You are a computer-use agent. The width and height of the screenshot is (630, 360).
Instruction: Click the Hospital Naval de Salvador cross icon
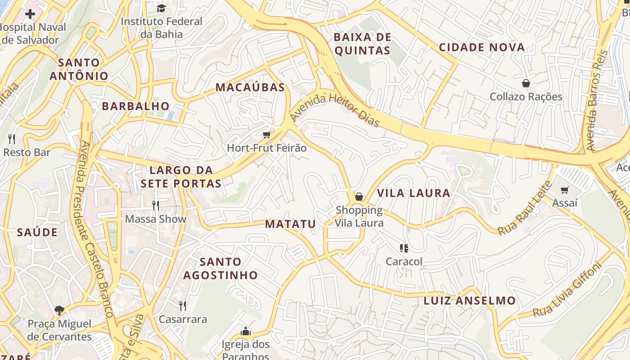[x=30, y=14]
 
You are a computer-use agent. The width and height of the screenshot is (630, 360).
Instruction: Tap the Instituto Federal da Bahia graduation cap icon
[x=161, y=8]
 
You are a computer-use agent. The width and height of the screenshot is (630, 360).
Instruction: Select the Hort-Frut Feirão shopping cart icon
[x=267, y=135]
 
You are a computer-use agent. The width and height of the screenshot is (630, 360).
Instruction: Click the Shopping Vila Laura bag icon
[x=359, y=197]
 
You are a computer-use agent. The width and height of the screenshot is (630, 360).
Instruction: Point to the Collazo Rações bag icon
[x=526, y=83]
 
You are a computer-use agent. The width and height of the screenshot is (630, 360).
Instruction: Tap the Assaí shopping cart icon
[x=565, y=190]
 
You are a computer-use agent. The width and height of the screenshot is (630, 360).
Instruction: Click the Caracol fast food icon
[x=404, y=248]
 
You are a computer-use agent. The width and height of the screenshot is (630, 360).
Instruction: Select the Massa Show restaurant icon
[x=156, y=206]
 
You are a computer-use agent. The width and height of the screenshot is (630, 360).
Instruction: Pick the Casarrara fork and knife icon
[x=183, y=306]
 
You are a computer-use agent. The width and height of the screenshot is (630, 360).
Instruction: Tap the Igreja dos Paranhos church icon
[x=246, y=332]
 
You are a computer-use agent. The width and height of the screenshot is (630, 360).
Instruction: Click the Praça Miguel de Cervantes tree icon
[x=59, y=310]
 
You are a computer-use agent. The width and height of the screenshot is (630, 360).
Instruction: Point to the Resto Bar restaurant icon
[x=12, y=139]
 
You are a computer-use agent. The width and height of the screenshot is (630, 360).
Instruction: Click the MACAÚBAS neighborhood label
[x=250, y=87]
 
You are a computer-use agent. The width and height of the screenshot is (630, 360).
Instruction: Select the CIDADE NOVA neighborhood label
[x=482, y=47]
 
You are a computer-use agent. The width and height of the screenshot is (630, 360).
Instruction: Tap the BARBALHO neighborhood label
[x=136, y=106]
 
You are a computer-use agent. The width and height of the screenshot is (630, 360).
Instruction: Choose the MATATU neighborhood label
[x=290, y=224]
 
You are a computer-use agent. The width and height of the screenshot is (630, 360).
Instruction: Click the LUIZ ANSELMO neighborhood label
[x=470, y=301]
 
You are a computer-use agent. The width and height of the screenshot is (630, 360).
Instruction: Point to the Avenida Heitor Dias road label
[x=335, y=108]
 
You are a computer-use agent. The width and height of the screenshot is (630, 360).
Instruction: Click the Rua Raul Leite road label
[x=525, y=208]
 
